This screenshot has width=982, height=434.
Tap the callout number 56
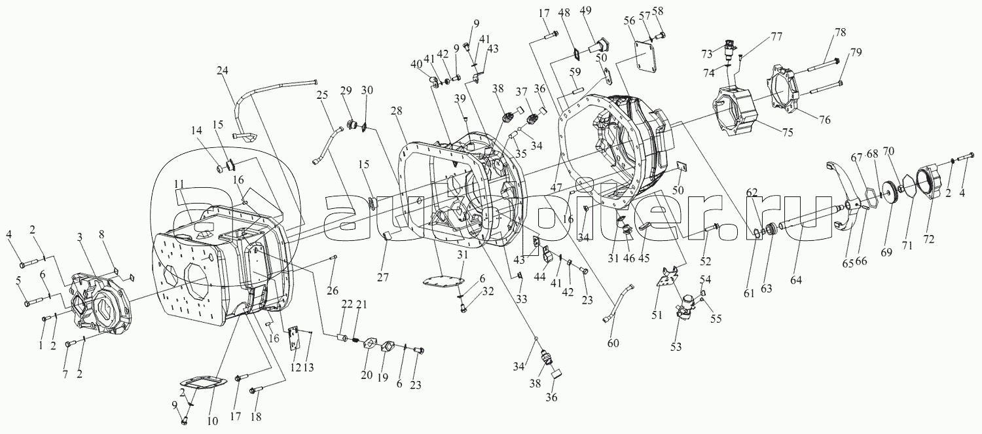[x=630, y=21]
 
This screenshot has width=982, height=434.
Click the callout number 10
[x=211, y=422]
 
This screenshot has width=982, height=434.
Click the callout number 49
[x=585, y=11]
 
